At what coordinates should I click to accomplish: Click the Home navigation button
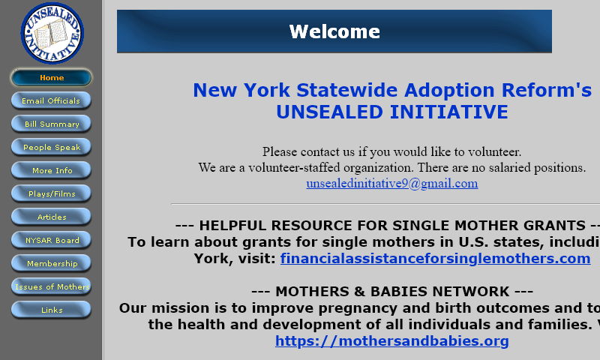pos(51,78)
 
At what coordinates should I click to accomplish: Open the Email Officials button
pos(51,101)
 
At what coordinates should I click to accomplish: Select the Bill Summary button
pos(51,124)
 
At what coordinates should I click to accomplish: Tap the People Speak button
pos(51,148)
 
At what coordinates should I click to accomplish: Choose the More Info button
pos(51,171)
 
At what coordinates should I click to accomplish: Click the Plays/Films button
pos(51,194)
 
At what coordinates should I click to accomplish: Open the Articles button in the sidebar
pos(51,217)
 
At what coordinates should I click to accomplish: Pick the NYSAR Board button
pos(51,241)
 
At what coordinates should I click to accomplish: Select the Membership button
pos(51,264)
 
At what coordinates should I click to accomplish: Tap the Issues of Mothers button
pos(51,287)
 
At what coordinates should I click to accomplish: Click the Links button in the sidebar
pos(51,310)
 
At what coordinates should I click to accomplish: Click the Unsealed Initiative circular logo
pos(52,33)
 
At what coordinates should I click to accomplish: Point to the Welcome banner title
pos(334,31)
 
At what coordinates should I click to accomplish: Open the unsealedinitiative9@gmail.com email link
pos(391,184)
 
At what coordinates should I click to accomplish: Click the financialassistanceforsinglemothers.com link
pos(435,259)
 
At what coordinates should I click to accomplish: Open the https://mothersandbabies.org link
pos(391,341)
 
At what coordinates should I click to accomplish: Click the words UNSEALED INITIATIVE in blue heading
pos(391,112)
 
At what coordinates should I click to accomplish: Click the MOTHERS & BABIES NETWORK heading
pos(391,292)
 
